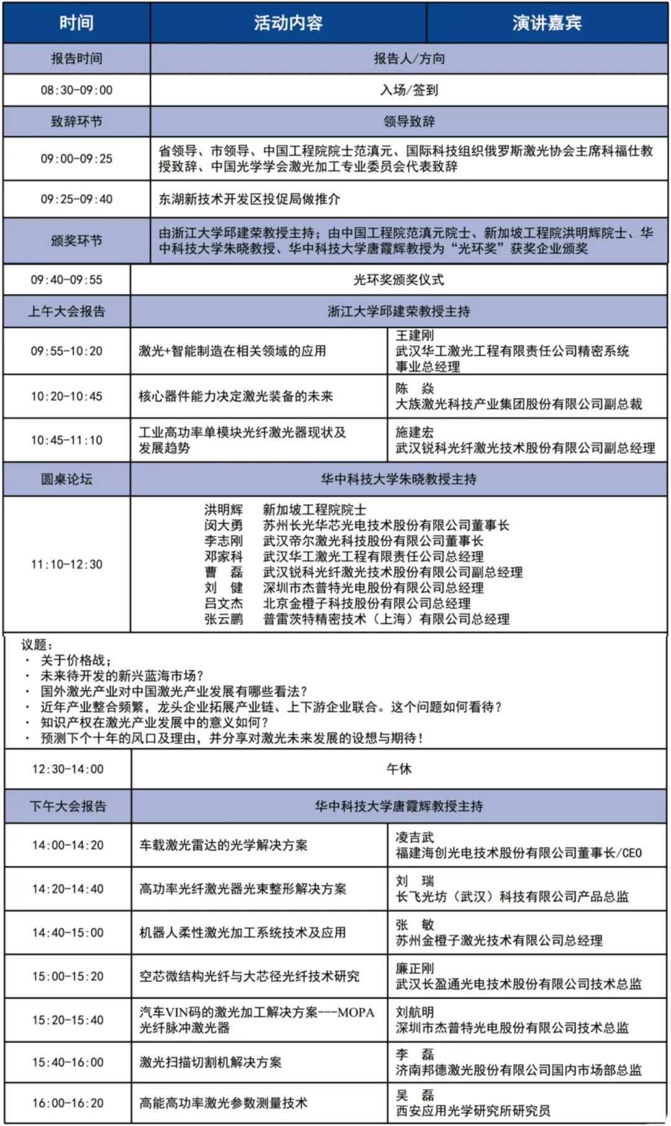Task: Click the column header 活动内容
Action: pos(288,23)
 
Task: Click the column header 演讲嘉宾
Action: pos(547,23)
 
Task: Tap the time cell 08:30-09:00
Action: pos(76,90)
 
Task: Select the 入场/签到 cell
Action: pos(409,90)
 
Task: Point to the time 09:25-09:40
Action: pos(76,199)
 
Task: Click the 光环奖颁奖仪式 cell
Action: pos(398,280)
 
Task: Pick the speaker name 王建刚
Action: pos(415,336)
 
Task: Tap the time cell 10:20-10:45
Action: pos(66,396)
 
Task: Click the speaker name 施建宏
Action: pos(415,433)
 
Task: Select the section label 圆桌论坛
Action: pos(66,479)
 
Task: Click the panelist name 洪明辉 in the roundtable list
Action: pos(224,510)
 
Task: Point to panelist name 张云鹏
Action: pos(224,619)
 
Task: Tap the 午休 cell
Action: pos(398,769)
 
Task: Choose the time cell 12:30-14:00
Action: pos(68,769)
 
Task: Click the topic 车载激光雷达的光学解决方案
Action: pos(223,845)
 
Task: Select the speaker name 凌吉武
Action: pos(415,838)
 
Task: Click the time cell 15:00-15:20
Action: pos(68,976)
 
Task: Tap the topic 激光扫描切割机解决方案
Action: pos(210,1063)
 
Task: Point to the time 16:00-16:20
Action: pos(68,1103)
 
